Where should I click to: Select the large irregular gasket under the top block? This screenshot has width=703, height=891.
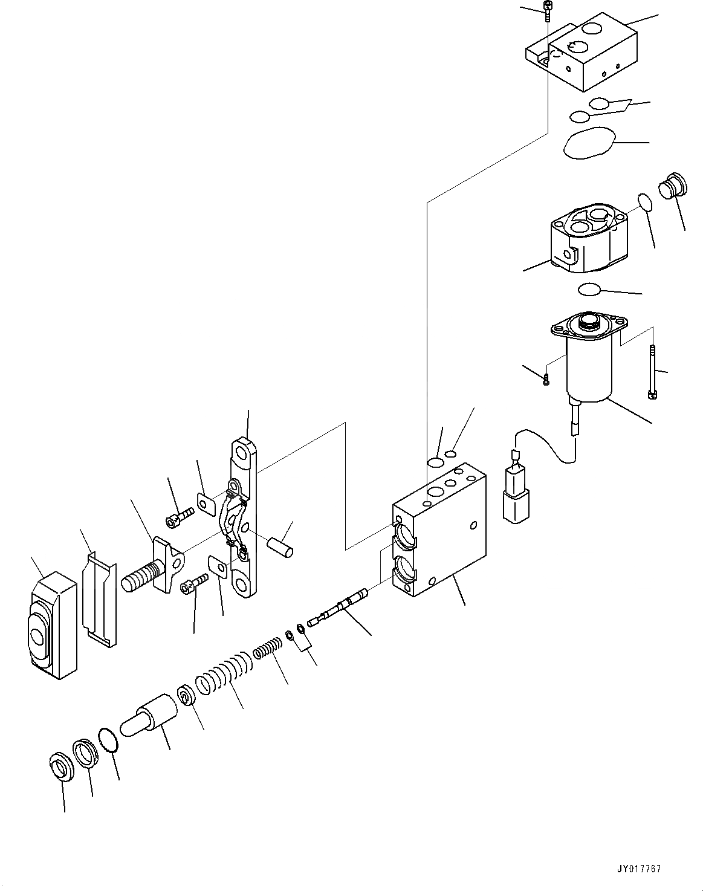(x=588, y=143)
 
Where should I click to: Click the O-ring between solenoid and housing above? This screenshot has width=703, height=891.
(x=589, y=290)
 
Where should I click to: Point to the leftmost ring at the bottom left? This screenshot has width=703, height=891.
(x=60, y=767)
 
